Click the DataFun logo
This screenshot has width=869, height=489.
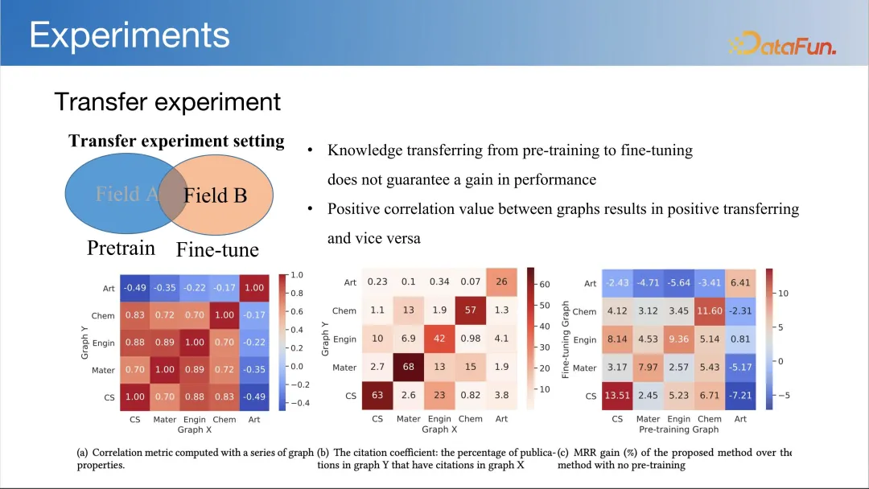point(782,43)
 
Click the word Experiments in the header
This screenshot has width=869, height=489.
point(129,35)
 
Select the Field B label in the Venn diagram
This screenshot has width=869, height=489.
point(215,195)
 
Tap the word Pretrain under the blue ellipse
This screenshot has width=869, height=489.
point(121,248)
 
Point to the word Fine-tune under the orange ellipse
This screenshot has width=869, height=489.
point(217,250)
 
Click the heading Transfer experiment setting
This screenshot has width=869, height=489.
point(176,141)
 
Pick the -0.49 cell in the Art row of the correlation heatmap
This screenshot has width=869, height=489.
point(134,288)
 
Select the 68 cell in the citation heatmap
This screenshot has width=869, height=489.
point(409,367)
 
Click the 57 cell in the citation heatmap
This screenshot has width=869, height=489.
point(471,310)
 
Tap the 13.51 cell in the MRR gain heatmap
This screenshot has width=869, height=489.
point(617,396)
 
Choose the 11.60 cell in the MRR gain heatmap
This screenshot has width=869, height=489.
point(710,310)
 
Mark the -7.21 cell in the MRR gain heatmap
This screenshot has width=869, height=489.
point(740,396)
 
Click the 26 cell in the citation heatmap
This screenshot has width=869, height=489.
point(501,281)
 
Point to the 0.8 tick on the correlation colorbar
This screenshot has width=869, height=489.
point(296,293)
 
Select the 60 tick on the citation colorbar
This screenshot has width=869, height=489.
point(545,284)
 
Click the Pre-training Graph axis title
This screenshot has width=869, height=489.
point(678,429)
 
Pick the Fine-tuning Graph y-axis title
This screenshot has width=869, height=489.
point(566,339)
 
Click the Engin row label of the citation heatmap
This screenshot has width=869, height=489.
point(344,339)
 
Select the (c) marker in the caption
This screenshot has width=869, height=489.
point(563,453)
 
